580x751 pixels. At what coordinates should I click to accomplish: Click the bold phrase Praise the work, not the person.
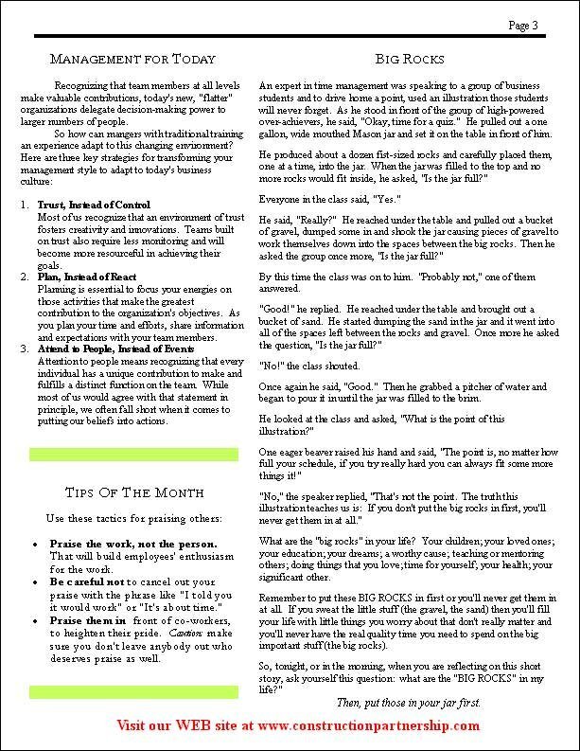tap(132, 545)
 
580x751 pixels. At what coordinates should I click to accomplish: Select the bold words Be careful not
tap(90, 581)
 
